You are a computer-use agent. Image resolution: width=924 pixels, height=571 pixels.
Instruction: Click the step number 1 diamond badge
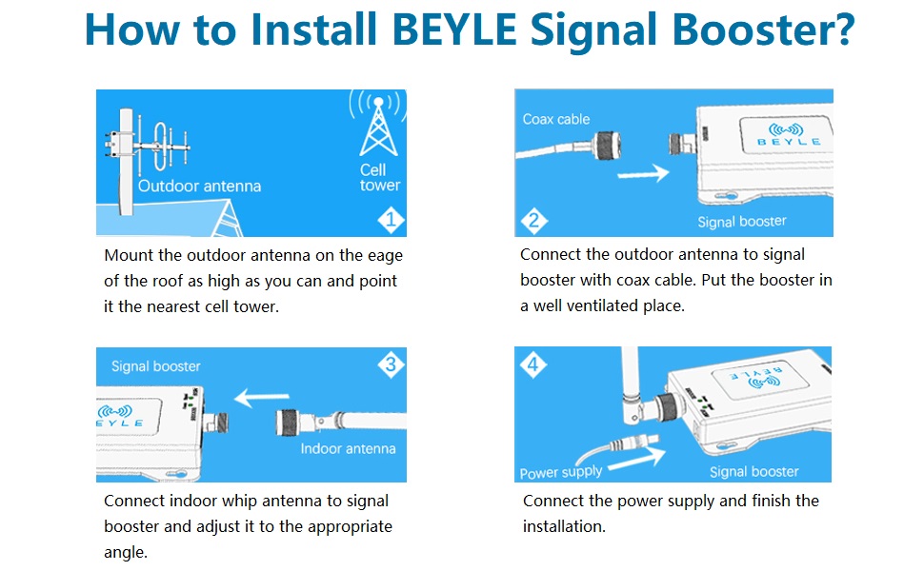(x=392, y=221)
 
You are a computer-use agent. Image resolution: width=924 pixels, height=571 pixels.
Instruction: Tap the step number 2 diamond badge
(x=532, y=221)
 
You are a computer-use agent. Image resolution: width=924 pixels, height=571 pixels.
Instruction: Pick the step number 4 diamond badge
(x=532, y=364)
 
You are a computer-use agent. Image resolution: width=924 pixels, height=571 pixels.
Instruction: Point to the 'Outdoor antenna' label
(x=199, y=186)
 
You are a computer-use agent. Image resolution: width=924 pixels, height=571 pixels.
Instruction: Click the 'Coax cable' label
(x=556, y=119)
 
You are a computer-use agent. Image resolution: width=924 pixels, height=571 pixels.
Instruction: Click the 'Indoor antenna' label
(x=348, y=448)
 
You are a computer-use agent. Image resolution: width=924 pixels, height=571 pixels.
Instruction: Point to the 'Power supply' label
(x=561, y=472)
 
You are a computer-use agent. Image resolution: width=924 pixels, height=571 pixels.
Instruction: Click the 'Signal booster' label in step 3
(x=156, y=366)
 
